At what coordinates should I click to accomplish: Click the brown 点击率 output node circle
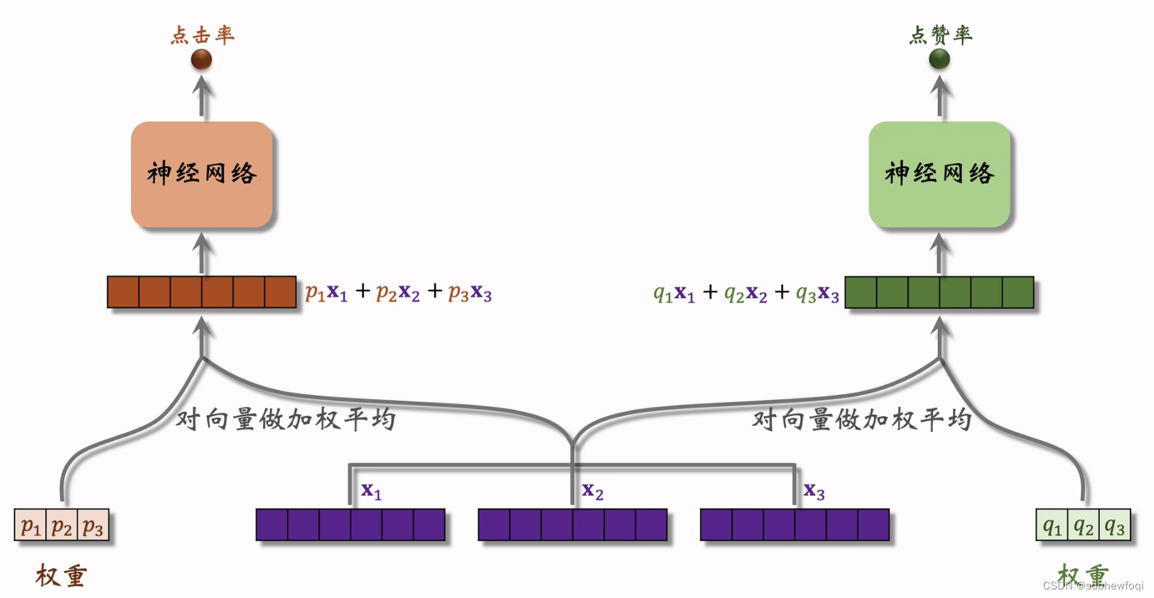point(202,59)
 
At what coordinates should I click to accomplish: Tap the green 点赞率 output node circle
point(939,59)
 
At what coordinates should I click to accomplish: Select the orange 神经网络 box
point(202,174)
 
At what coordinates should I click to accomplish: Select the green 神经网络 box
point(939,174)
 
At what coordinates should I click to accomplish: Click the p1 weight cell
point(31,526)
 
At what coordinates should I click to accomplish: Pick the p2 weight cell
point(62,526)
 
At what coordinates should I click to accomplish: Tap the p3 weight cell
point(93,526)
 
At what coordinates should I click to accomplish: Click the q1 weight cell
point(1052,526)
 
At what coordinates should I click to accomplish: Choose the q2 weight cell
point(1084,526)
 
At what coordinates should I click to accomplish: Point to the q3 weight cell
point(1115,526)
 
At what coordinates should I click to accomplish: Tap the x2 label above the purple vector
point(593,490)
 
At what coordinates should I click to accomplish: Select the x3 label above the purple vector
point(814,490)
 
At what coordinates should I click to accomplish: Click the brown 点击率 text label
point(203,35)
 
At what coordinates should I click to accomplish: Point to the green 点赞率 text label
point(941,35)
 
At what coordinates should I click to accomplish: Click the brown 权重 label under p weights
point(61,575)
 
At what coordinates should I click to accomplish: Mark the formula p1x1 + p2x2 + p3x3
point(398,292)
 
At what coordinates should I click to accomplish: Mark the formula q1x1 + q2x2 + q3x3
point(746,292)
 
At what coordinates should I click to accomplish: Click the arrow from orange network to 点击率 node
point(203,97)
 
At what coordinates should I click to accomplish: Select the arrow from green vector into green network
point(940,254)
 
